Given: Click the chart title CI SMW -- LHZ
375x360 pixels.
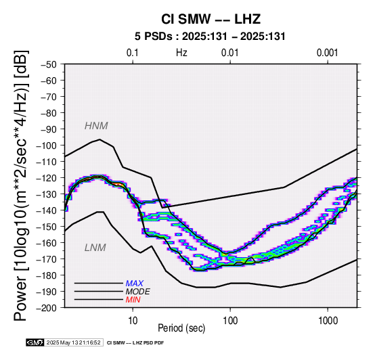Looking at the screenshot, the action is point(211,19).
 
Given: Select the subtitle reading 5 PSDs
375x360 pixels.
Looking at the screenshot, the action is point(153,37).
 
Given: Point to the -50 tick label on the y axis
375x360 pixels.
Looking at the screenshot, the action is point(49,64).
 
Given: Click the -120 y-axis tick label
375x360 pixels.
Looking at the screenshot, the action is point(47,178).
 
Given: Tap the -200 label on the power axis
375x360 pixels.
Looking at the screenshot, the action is point(47,308).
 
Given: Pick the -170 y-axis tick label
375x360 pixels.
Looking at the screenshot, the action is point(47,259).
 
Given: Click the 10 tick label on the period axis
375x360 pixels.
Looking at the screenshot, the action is point(133,321).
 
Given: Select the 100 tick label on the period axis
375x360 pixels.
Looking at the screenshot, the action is point(230,321).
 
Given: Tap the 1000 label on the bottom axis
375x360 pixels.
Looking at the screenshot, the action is point(328,321).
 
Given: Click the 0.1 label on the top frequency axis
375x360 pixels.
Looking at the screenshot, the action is point(133,53).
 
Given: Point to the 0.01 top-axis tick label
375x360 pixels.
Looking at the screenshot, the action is point(230,53).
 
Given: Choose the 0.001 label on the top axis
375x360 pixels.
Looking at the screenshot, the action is point(328,53).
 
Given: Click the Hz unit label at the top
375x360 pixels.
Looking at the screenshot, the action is point(181,53).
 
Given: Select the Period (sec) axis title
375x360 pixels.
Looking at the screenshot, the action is point(181,328).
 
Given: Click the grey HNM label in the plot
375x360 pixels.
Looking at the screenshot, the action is point(96,126).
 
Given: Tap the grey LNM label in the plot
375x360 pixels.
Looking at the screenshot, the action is point(95,248).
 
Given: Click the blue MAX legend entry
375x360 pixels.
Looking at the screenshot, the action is point(135,284).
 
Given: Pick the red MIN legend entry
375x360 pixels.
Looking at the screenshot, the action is point(133,300).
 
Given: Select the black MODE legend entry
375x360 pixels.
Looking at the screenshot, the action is point(138,292).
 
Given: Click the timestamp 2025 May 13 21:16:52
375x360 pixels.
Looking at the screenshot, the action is point(73,342).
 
